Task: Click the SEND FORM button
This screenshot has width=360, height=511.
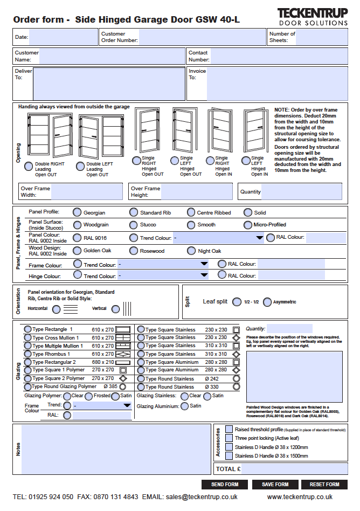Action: point(225,484)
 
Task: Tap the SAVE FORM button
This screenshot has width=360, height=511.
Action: point(275,484)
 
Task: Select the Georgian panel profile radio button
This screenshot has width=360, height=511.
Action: point(77,212)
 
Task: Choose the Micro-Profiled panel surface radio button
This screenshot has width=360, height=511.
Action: point(248,225)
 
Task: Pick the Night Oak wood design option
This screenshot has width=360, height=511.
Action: point(191,251)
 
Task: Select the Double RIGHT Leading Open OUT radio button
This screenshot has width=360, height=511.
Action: point(29,167)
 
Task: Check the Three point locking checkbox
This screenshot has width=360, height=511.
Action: point(229,438)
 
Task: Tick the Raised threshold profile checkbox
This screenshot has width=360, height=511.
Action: point(229,429)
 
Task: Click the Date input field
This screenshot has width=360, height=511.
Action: point(63,37)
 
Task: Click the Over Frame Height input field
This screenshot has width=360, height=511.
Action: point(197,191)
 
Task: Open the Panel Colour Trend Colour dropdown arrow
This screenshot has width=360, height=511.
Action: point(259,238)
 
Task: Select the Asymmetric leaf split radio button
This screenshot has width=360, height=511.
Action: point(267,302)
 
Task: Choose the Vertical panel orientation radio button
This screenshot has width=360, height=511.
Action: point(116,309)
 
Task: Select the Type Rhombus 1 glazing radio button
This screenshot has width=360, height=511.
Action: point(27,354)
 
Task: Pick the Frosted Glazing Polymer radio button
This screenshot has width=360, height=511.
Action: point(89,396)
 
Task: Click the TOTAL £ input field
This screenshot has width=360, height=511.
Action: point(294,469)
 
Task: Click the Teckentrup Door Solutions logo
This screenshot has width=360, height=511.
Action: point(313,17)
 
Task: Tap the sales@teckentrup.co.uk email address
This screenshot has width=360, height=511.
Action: point(202,497)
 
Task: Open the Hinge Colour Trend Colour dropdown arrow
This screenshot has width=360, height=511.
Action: point(204,275)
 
